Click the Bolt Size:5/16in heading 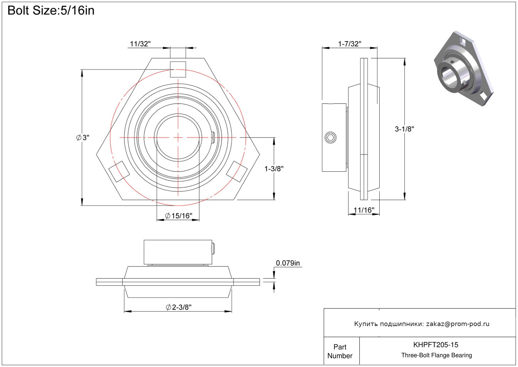(51, 11)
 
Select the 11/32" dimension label (140, 44)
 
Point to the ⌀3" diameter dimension (83, 138)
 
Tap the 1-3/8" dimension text (274, 169)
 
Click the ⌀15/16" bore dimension (178, 216)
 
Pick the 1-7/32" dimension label (349, 44)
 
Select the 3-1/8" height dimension (404, 129)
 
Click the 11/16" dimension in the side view (364, 210)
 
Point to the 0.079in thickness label (288, 263)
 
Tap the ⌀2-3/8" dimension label (179, 307)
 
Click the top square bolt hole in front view (178, 69)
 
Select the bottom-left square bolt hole (119, 171)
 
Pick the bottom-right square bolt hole (237, 171)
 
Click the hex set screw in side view (331, 138)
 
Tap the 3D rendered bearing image (463, 68)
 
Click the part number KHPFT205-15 (436, 345)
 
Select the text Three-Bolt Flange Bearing (437, 355)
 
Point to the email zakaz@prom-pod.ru (458, 324)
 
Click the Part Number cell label (340, 351)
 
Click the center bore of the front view (178, 138)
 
